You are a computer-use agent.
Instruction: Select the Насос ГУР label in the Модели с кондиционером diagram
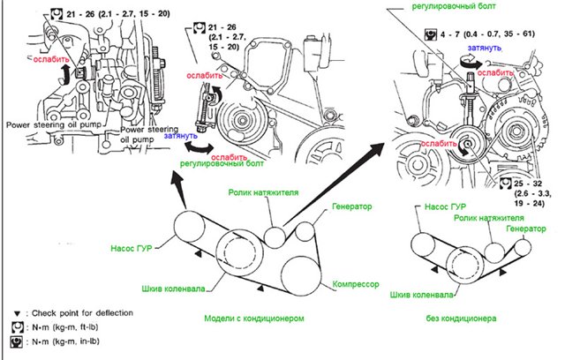[x=135, y=248]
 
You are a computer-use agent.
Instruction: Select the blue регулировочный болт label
[x=213, y=163]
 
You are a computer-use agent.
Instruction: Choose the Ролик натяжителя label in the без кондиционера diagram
[x=483, y=218]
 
